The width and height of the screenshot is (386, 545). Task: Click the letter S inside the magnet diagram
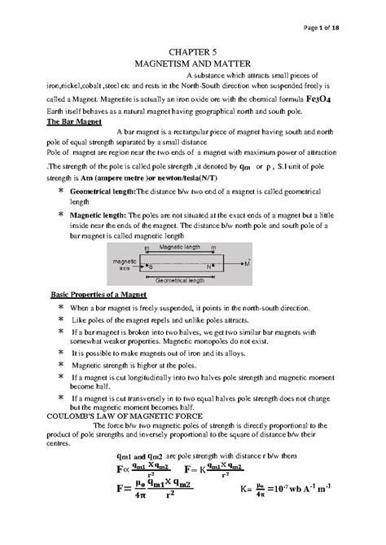click(x=151, y=266)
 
